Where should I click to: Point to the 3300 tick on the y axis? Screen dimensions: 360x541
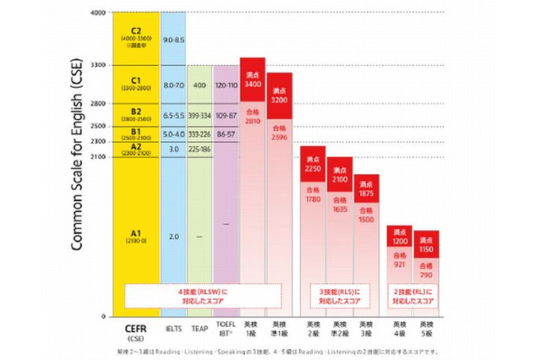(97, 65)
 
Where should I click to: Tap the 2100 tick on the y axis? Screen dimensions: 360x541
(97, 156)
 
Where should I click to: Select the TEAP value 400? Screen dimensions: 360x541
(199, 85)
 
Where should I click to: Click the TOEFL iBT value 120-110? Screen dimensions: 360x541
(227, 85)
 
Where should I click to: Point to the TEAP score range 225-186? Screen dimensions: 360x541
(199, 149)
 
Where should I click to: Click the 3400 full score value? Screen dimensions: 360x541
(253, 85)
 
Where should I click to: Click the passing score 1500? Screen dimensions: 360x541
(366, 219)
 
